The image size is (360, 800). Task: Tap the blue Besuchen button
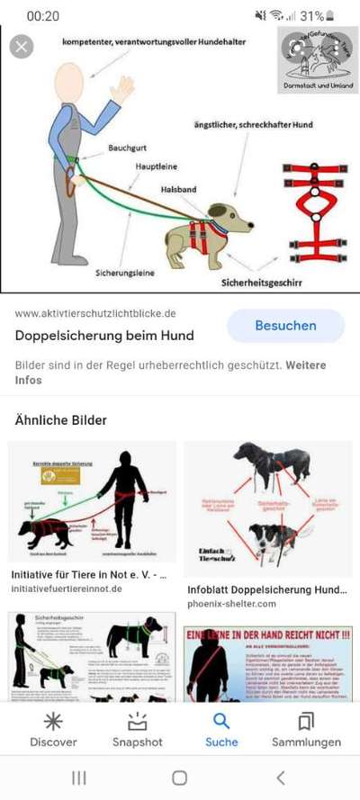(x=284, y=325)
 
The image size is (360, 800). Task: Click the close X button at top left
(x=22, y=46)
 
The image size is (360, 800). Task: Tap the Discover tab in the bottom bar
(x=53, y=730)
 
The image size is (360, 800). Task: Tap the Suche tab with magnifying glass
(x=221, y=730)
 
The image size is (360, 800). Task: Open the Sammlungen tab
(x=306, y=730)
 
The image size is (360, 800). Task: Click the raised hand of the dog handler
(x=121, y=89)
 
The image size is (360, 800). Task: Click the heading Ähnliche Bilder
(x=60, y=420)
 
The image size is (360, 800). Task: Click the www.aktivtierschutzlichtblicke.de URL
(x=95, y=313)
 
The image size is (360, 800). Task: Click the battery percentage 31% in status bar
(x=311, y=16)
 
